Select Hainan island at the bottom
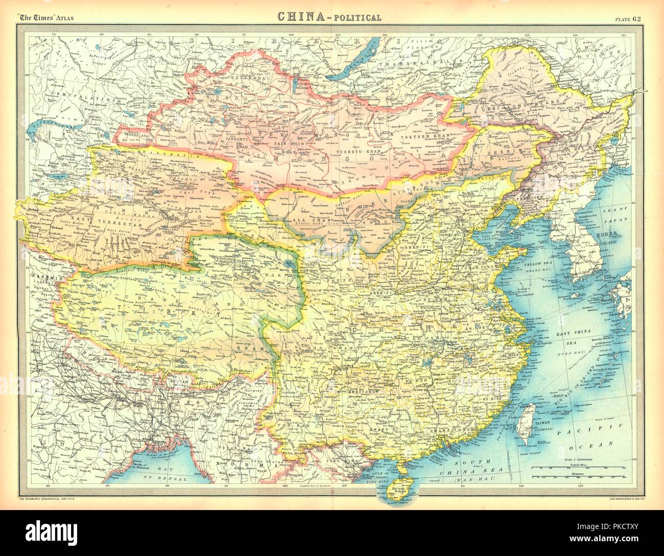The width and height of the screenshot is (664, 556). [396, 490]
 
